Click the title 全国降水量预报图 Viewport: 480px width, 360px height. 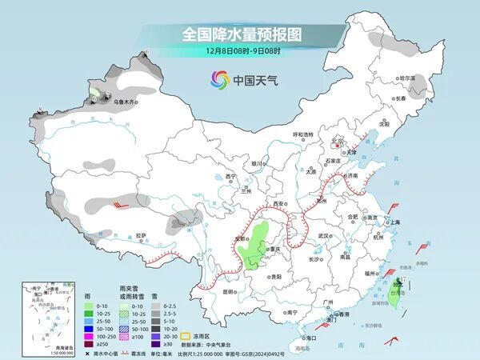(x=239, y=35)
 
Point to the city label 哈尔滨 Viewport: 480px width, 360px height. (x=409, y=78)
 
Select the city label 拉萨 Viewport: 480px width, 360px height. (x=141, y=235)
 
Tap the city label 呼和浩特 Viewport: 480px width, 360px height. (x=306, y=134)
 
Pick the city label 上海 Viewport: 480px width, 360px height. (x=394, y=222)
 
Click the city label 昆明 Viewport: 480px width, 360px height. (x=229, y=291)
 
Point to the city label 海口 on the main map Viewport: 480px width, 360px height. (x=310, y=338)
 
